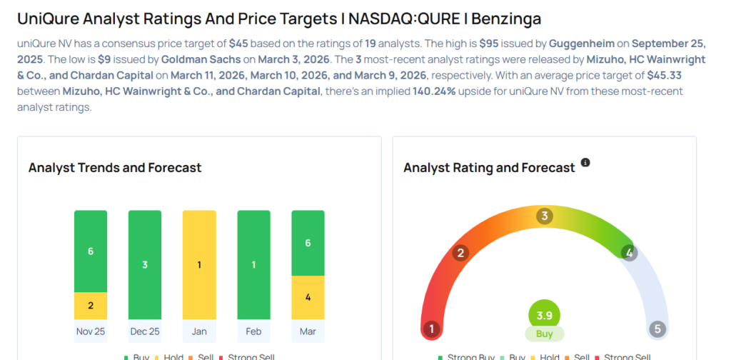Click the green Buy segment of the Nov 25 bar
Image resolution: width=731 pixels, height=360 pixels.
(x=91, y=251)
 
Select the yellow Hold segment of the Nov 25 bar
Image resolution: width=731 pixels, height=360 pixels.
(x=91, y=306)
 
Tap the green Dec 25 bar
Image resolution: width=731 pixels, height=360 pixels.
(x=145, y=265)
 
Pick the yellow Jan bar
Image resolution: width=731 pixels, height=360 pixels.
(x=199, y=265)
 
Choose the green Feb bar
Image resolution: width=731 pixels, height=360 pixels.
(x=253, y=265)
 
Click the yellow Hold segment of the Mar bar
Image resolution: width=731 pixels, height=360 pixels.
(x=308, y=297)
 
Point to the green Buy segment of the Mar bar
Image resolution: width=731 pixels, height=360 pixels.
(x=308, y=243)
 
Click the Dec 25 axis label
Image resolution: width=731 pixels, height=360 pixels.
(x=145, y=331)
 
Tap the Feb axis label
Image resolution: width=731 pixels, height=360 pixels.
(x=253, y=331)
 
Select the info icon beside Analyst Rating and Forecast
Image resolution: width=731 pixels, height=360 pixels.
(x=585, y=163)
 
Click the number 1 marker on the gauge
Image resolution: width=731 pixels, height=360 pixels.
(x=430, y=329)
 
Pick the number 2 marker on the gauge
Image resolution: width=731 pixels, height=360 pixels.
(x=461, y=252)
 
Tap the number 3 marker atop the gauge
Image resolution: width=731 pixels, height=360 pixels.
(x=545, y=216)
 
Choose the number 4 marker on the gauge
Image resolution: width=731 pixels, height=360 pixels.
(x=629, y=252)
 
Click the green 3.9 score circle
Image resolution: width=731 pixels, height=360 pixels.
(x=545, y=315)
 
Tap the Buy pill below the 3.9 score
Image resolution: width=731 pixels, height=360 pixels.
(x=545, y=334)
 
